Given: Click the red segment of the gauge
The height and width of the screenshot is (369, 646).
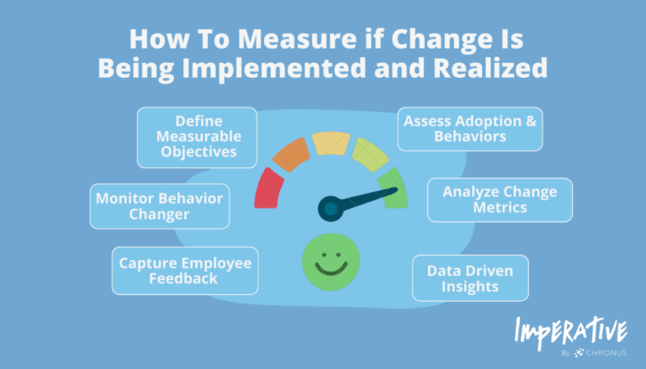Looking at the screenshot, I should click(267, 187).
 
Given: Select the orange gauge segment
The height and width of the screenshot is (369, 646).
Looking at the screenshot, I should click(289, 154).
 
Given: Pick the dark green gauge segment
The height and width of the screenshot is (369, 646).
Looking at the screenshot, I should click(391, 187).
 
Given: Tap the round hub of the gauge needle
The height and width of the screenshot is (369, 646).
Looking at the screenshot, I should click(330, 207).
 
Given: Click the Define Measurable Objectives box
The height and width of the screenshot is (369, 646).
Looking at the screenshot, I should click(198, 137).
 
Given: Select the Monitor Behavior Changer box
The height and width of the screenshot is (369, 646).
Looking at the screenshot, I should click(160, 206).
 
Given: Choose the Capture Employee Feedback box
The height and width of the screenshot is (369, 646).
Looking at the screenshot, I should click(185, 271).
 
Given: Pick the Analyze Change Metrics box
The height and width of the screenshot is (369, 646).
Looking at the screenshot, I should click(500, 200).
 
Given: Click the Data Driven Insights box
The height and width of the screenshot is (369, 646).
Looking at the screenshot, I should click(470, 278).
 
